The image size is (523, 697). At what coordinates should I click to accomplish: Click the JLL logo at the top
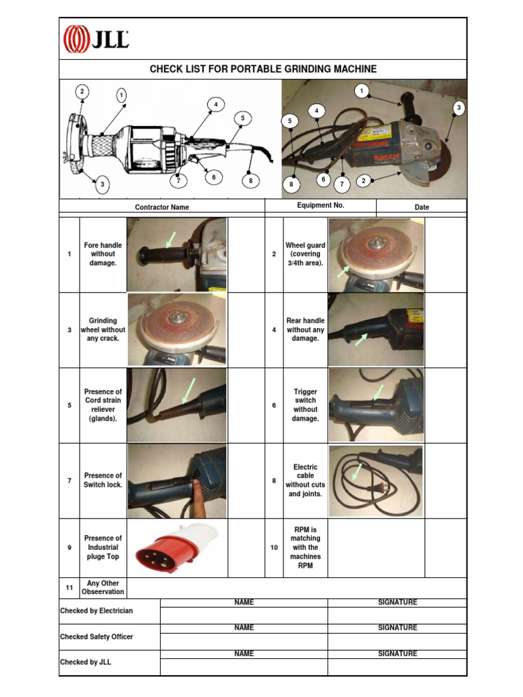pyautogui.click(x=96, y=39)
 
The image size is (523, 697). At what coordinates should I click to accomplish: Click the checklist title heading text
pyautogui.click(x=263, y=69)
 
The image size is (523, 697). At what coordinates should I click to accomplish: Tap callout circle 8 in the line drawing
pyautogui.click(x=251, y=180)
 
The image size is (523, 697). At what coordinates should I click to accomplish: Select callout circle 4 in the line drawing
pyautogui.click(x=216, y=104)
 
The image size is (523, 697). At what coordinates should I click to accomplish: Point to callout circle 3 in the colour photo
pyautogui.click(x=459, y=108)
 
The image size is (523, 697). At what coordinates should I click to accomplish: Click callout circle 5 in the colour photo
pyautogui.click(x=290, y=121)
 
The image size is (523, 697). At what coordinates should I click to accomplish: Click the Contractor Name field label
pyautogui.click(x=162, y=207)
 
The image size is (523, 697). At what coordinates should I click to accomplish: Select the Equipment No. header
pyautogui.click(x=321, y=205)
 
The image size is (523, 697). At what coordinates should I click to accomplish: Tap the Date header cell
pyautogui.click(x=422, y=207)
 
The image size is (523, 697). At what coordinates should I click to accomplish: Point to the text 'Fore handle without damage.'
pyautogui.click(x=103, y=254)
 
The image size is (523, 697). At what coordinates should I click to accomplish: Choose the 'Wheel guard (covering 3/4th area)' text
pyautogui.click(x=305, y=254)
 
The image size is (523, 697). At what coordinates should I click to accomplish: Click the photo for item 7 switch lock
pyautogui.click(x=177, y=481)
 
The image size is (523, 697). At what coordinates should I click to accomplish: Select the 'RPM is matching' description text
pyautogui.click(x=305, y=547)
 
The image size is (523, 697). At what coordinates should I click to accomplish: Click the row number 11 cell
pyautogui.click(x=69, y=587)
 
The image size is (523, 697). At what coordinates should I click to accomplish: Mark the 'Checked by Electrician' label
pyautogui.click(x=97, y=611)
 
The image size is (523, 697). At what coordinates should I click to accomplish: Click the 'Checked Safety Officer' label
pyautogui.click(x=97, y=636)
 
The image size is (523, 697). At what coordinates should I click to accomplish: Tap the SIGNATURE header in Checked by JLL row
pyautogui.click(x=398, y=653)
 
